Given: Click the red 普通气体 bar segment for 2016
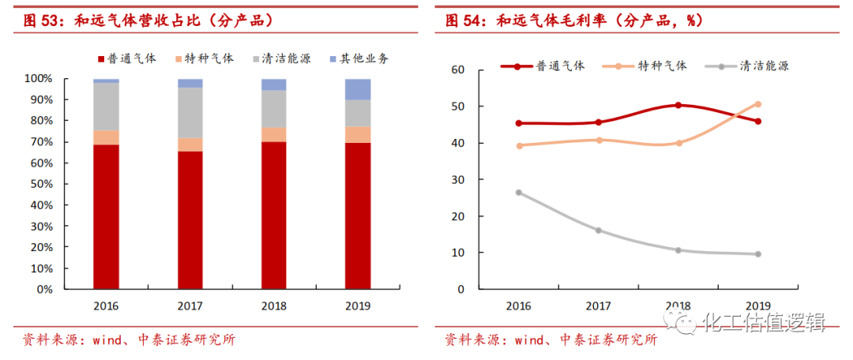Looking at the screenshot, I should coord(106,216).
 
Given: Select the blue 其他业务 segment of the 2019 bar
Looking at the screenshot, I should coord(358,89).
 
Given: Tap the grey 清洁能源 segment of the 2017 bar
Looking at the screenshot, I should coord(190,112).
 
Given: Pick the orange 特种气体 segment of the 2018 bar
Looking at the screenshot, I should coord(274,134).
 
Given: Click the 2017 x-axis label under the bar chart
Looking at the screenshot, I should coord(190,306).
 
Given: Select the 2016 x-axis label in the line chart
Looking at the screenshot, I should coord(518,306).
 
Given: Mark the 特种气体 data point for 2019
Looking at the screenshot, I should coord(757,104).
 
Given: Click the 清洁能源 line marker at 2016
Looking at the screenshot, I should coord(518,193).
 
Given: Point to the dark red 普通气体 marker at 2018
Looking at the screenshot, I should coord(678,105).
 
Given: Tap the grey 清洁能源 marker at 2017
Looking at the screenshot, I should coord(598,231).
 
